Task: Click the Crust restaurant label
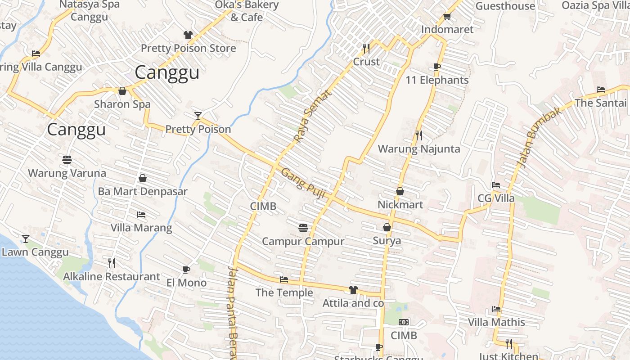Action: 366,62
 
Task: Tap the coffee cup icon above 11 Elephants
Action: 436,67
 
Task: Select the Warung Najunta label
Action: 418,149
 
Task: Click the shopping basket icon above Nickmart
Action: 400,192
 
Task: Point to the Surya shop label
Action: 387,241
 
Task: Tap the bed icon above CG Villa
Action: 496,185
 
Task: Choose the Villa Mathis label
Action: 496,322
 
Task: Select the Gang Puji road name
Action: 303,181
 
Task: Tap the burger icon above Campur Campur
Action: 303,228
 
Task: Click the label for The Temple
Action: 284,292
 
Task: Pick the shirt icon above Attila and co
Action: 353,290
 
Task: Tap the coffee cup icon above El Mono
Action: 186,270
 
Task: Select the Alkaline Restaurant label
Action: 111,276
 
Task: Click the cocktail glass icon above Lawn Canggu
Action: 26,239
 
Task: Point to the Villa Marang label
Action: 141,228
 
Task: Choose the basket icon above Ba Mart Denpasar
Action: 142,179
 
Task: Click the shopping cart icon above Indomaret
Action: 447,17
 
